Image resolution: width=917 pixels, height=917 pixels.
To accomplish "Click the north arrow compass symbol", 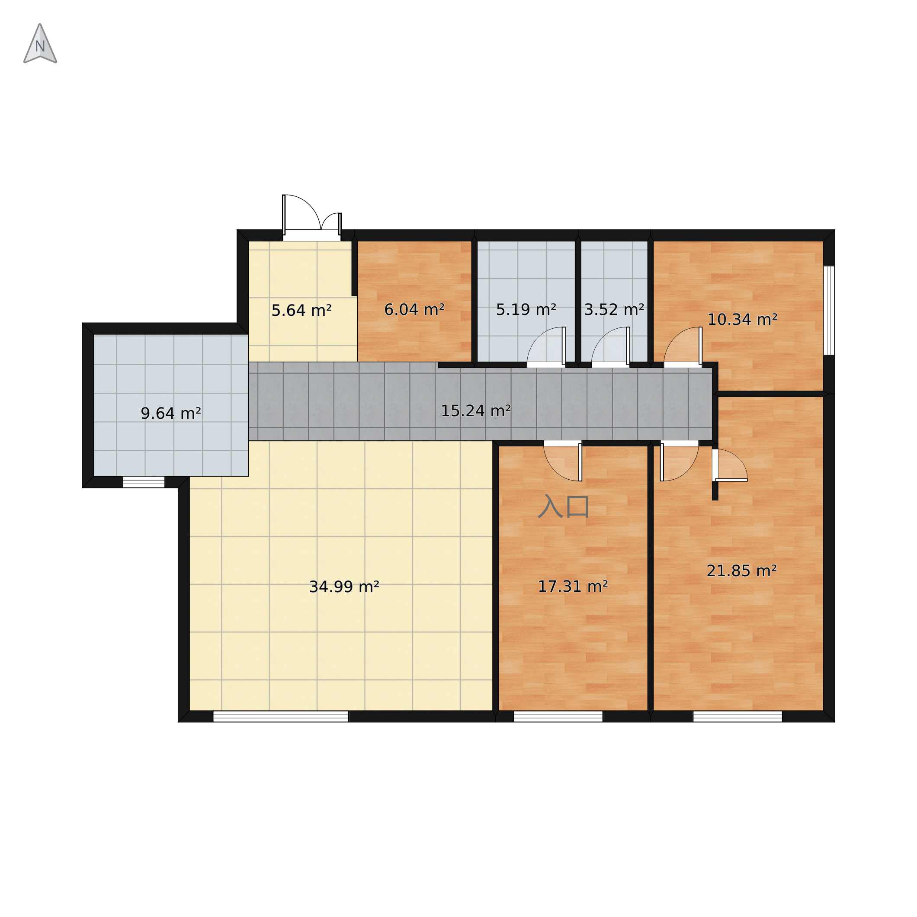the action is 40,44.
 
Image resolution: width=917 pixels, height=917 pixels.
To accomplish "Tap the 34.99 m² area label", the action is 344,587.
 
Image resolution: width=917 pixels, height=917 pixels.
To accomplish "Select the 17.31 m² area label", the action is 573,587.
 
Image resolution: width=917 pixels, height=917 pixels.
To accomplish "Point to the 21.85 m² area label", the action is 742,571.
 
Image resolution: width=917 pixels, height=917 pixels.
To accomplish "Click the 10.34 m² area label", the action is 743,319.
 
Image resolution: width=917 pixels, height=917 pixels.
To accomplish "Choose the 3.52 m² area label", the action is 614,310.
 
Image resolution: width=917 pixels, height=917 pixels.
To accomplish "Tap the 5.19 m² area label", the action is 526,310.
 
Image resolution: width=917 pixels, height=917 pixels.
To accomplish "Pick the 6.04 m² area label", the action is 414,310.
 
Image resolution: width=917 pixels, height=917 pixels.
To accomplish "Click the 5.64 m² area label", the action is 301,311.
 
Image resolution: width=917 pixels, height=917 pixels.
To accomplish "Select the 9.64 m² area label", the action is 171,414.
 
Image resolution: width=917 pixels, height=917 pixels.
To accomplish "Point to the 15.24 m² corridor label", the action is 476,410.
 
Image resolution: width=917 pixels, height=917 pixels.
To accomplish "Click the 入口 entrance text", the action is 564,507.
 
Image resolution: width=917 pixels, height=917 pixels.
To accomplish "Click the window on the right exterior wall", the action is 829,311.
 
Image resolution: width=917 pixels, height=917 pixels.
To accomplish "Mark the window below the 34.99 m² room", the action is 281,716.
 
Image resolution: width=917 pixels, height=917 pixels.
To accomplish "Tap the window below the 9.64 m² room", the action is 144,482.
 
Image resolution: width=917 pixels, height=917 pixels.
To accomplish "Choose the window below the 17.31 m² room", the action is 558,716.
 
